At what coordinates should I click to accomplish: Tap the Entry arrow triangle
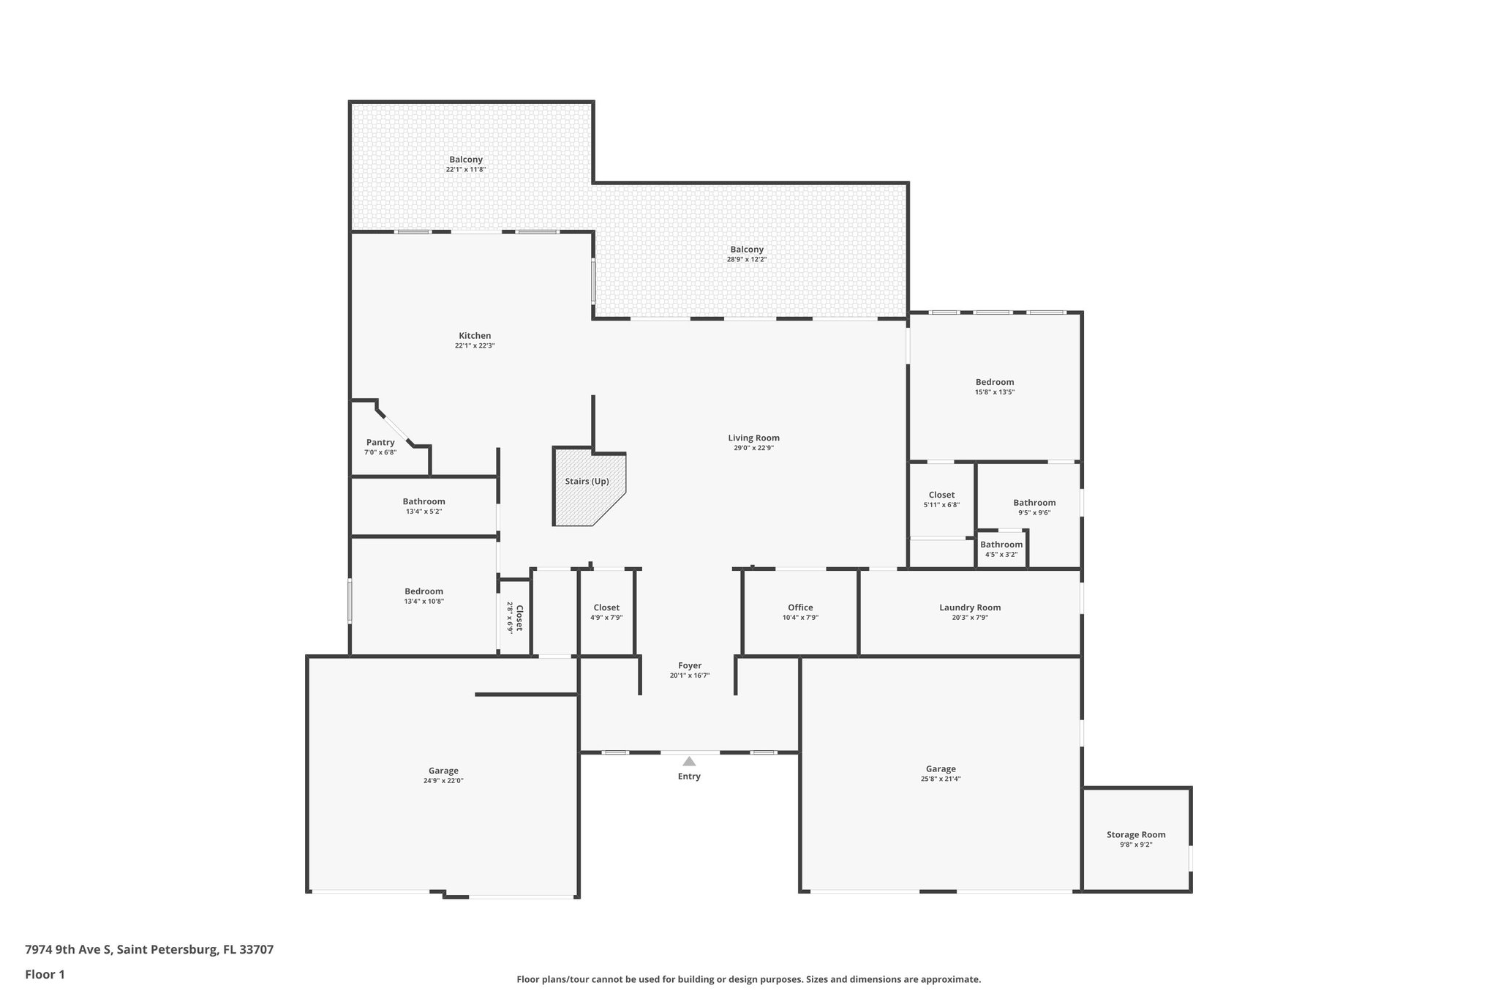tap(689, 761)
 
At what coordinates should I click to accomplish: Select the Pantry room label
tap(380, 442)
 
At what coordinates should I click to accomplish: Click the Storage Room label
tap(1136, 834)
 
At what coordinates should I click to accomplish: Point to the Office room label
tap(800, 607)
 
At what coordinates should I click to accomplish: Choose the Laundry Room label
tap(970, 607)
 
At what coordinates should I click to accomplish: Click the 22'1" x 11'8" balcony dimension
tap(466, 170)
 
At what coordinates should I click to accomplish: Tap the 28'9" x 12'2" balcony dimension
tap(747, 259)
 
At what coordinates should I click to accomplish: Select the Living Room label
tap(753, 438)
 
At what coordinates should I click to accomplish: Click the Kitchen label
tap(475, 336)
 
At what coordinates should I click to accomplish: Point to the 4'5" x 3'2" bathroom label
tap(1001, 549)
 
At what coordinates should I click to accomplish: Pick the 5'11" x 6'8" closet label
tap(941, 499)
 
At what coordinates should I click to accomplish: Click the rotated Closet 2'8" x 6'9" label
tap(515, 618)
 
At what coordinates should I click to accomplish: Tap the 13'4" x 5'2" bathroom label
tap(424, 506)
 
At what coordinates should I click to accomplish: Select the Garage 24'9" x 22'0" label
tap(444, 775)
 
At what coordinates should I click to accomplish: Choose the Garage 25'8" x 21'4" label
tap(941, 774)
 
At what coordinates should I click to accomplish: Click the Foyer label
tap(690, 665)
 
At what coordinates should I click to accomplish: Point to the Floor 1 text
tap(45, 974)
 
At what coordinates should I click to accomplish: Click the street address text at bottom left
tap(149, 949)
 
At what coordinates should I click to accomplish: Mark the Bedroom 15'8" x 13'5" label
tap(994, 386)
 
